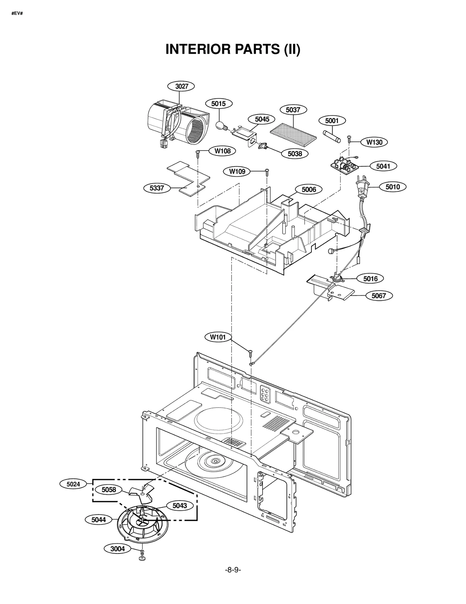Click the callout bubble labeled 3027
tap(181, 86)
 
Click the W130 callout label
tap(374, 142)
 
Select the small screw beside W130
tap(349, 139)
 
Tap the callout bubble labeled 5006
tap(308, 190)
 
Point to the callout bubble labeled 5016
tap(370, 279)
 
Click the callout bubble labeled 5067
tap(378, 296)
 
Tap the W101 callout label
tap(218, 337)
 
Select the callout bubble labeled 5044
tap(99, 520)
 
